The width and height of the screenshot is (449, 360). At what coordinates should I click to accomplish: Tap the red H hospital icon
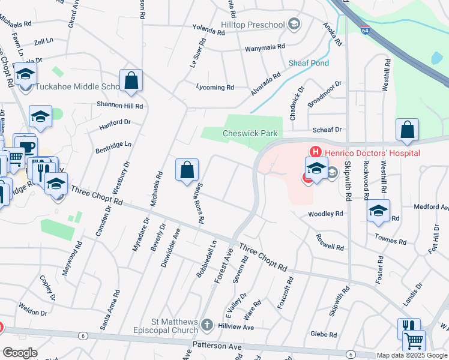point(312,153)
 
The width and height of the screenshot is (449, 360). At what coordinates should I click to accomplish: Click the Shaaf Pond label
point(309,63)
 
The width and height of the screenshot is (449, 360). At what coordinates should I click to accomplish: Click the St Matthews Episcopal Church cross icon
point(207,325)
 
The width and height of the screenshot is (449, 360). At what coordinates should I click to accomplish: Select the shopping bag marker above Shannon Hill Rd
point(131,80)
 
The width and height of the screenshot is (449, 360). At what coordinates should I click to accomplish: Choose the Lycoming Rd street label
point(215,88)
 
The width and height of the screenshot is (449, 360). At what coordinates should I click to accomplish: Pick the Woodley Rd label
point(325,214)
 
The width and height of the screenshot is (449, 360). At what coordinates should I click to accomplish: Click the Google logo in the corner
point(20,353)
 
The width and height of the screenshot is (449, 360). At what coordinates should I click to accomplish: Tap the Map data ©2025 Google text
point(412,355)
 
